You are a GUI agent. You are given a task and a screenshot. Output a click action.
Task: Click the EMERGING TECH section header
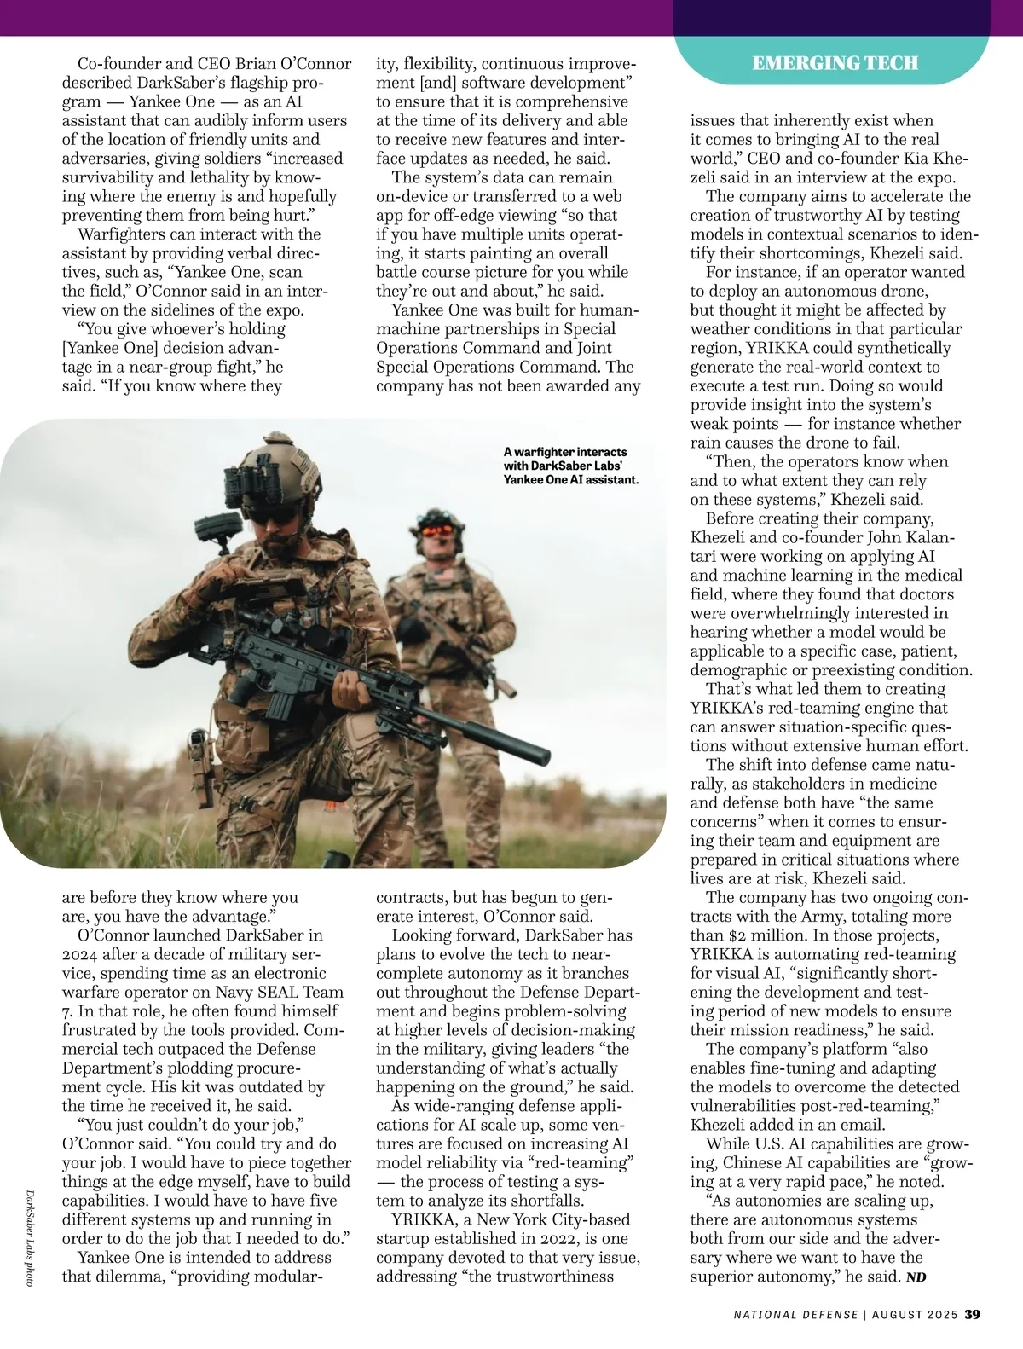click(x=835, y=62)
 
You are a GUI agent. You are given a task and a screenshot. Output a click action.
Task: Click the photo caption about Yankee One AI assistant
click(x=570, y=466)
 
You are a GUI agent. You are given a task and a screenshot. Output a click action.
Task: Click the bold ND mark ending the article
click(x=916, y=1277)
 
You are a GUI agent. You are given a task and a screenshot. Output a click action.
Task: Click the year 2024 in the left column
click(x=81, y=954)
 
